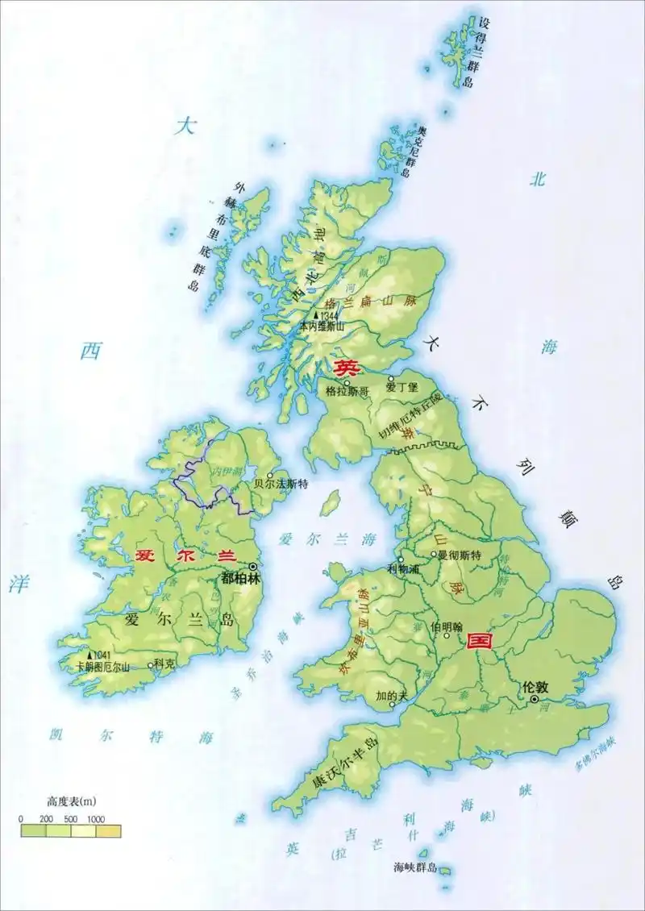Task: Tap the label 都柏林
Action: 239,578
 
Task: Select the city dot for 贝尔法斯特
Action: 270,476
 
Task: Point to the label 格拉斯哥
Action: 347,391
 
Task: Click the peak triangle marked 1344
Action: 316,315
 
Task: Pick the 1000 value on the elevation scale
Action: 96,818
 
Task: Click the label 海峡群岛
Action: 414,867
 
